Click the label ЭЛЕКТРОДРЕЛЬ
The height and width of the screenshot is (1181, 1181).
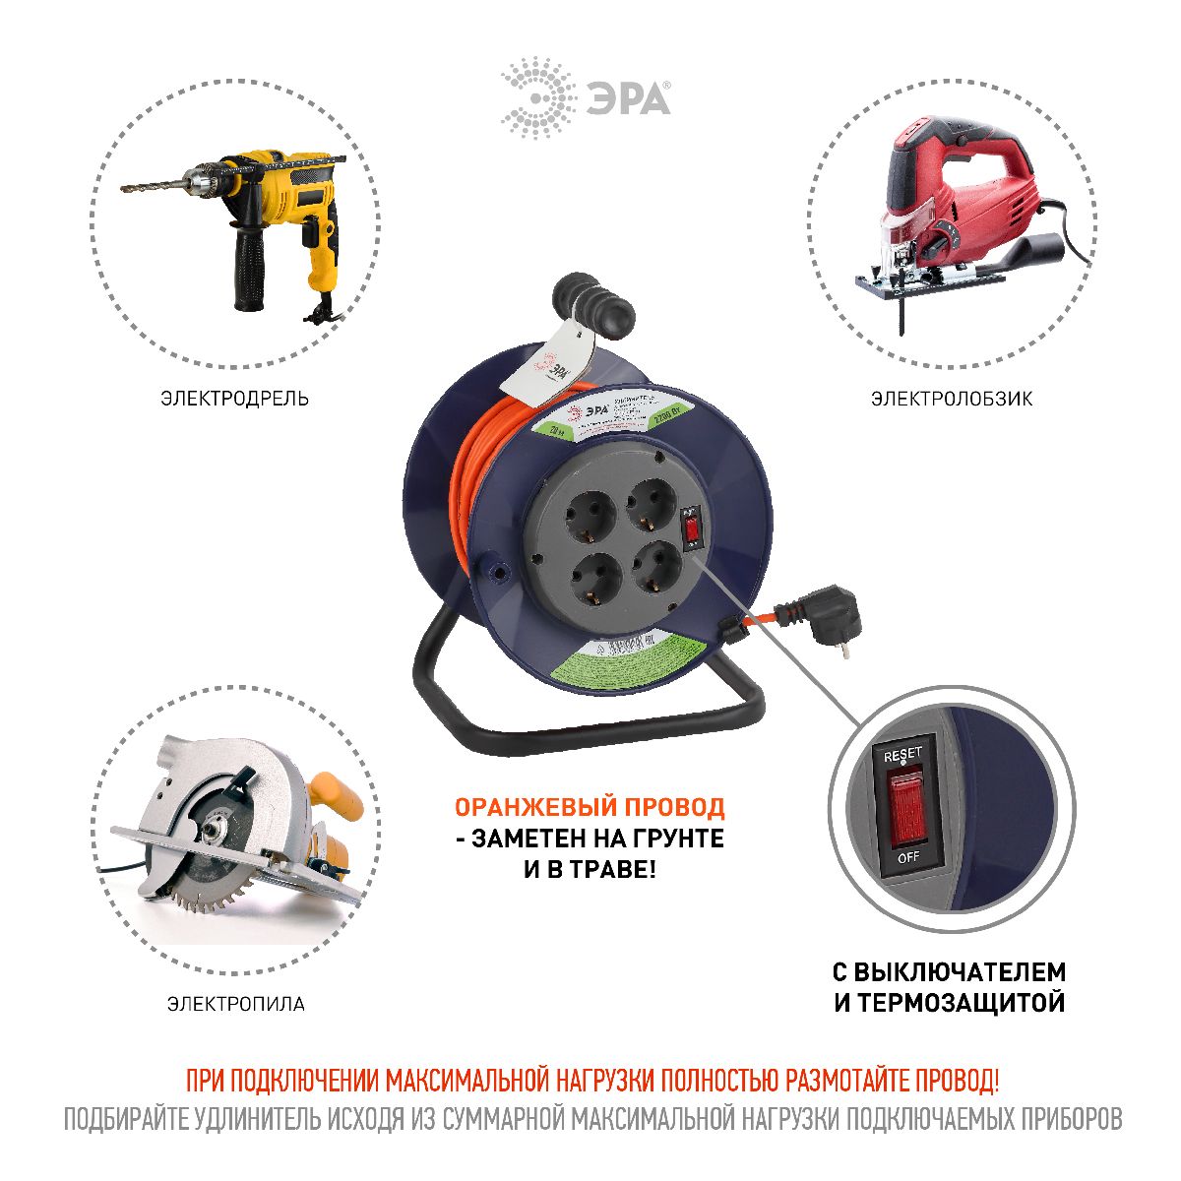(234, 399)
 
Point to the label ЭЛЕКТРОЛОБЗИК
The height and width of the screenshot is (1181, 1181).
(951, 399)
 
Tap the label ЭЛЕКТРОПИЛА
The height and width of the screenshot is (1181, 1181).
(235, 1004)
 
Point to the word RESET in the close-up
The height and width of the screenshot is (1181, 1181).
(902, 754)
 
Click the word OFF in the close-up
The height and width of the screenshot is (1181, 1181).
(907, 856)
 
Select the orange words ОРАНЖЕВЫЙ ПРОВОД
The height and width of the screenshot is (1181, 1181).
(589, 807)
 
